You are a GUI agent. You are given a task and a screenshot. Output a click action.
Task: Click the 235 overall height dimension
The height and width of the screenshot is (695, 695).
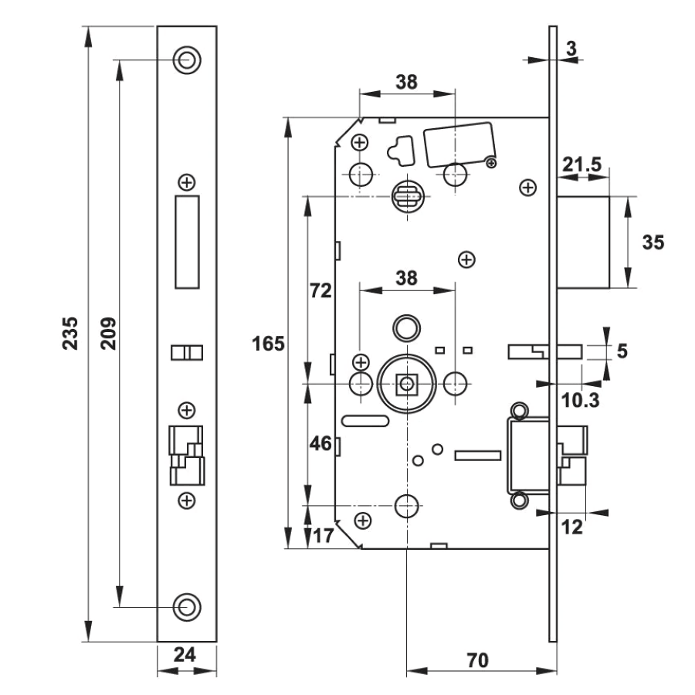point(70,334)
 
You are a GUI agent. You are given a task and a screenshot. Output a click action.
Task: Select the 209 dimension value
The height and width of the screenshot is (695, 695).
point(108,334)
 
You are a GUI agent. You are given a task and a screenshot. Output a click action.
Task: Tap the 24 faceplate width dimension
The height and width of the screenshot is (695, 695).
point(185,655)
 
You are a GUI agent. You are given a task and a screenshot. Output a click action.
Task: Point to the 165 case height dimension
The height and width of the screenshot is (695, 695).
point(268,344)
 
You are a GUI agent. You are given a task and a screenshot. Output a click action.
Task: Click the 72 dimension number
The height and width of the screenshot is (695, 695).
point(320,291)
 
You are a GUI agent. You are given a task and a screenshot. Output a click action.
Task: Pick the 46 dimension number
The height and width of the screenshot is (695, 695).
point(320,443)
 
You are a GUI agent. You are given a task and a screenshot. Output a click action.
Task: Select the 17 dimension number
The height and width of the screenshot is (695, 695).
point(323,536)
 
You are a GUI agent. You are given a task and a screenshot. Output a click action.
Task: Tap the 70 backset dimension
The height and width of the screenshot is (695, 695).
point(477,660)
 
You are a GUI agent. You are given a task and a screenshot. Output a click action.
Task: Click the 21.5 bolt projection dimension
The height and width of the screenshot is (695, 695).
point(582,164)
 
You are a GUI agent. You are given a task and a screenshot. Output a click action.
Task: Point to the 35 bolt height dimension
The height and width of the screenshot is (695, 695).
point(653,242)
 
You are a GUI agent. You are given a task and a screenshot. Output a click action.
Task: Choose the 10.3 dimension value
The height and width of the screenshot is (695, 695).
point(580,400)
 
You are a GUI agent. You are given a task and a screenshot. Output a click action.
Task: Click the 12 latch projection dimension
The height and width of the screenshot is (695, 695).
point(571,527)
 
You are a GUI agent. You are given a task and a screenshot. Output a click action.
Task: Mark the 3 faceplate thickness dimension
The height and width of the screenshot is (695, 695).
point(571,49)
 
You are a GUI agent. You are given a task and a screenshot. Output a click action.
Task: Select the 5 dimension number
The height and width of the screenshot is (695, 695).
point(622,351)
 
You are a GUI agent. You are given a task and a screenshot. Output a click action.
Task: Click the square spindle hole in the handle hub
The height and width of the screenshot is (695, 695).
point(406,384)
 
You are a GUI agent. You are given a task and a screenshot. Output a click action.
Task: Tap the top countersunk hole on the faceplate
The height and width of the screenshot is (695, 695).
point(187,59)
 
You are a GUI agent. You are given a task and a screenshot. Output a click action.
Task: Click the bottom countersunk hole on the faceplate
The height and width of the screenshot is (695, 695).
point(187,607)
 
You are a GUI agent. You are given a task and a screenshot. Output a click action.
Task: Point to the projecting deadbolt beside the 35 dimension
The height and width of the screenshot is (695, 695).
point(583,242)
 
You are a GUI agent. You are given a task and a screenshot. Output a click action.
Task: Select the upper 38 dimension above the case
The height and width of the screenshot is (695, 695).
point(406,83)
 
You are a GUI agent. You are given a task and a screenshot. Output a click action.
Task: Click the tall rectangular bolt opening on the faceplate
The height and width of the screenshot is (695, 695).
point(187,242)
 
